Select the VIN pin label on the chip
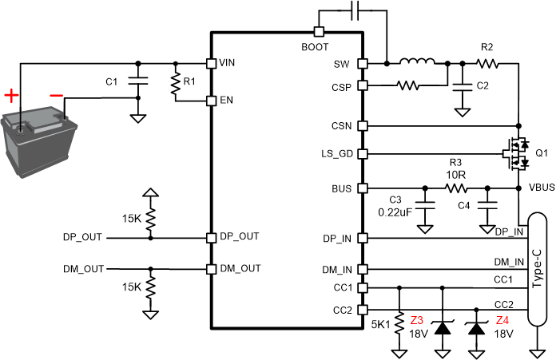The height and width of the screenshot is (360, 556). (x=228, y=62)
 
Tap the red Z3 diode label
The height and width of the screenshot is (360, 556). (x=416, y=320)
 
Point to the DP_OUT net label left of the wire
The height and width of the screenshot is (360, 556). (x=83, y=237)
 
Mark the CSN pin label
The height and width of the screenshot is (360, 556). (x=343, y=125)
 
